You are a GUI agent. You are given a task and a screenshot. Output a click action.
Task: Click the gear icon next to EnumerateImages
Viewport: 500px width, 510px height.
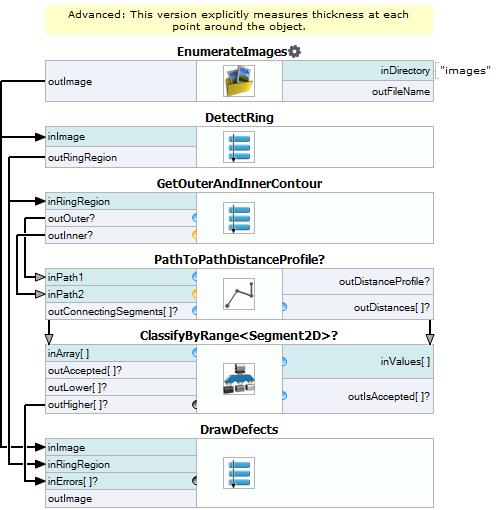click(294, 52)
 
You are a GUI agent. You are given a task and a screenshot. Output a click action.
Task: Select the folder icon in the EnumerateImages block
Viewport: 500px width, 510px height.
click(239, 81)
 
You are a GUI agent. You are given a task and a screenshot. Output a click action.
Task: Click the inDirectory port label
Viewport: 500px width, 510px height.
click(405, 71)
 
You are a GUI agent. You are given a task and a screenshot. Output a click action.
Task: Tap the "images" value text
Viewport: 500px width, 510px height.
click(465, 71)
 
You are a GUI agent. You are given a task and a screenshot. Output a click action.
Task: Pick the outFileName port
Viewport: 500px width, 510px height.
click(401, 92)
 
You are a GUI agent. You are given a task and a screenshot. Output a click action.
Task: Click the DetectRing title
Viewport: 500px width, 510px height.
click(239, 118)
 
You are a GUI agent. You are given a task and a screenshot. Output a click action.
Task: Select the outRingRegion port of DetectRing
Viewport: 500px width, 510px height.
click(82, 157)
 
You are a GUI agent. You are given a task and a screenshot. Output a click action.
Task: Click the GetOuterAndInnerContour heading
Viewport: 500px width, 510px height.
click(239, 184)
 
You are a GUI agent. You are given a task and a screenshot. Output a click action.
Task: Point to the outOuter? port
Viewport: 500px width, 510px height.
click(71, 218)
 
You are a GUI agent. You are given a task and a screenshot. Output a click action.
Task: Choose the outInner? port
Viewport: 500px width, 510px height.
click(70, 235)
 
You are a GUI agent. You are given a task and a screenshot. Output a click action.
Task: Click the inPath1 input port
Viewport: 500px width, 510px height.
click(65, 277)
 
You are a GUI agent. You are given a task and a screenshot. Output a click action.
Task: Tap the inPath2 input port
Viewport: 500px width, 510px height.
click(65, 294)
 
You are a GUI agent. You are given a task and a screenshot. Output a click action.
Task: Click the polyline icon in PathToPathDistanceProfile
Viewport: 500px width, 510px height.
click(239, 294)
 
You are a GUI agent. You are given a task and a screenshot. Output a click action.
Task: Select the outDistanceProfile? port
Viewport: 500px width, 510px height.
click(384, 282)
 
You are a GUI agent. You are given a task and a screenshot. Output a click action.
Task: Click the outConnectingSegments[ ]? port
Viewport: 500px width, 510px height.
click(113, 311)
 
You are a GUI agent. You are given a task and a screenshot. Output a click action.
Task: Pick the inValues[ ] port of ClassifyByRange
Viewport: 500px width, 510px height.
click(405, 362)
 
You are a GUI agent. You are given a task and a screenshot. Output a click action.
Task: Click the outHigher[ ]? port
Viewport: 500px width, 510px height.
click(78, 404)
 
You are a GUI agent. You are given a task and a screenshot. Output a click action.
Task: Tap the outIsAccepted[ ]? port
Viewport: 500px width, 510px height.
click(389, 396)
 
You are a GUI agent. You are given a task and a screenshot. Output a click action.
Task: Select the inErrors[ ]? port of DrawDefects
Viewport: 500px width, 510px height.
click(73, 481)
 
